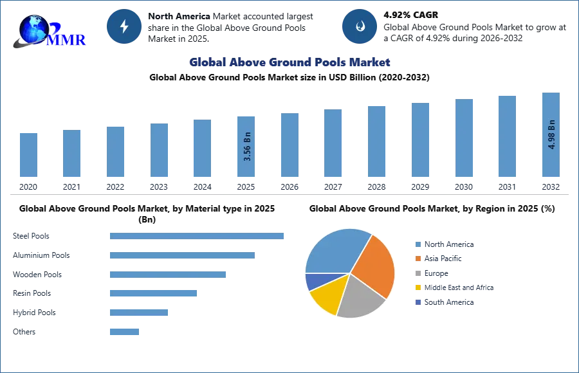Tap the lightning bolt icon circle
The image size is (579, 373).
coord(125,26)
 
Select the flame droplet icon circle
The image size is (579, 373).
coord(360,26)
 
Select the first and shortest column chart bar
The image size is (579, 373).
coord(28,154)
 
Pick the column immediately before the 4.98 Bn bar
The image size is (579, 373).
coord(507,136)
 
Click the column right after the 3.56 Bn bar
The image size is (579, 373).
coord(288,147)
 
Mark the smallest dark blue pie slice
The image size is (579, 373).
coord(313,281)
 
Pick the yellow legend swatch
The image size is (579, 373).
coord(418,288)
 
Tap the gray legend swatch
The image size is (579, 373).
coord(418,273)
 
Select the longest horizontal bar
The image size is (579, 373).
coord(198,237)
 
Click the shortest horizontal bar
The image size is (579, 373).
coord(124,332)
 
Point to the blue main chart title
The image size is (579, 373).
coord(289,62)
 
